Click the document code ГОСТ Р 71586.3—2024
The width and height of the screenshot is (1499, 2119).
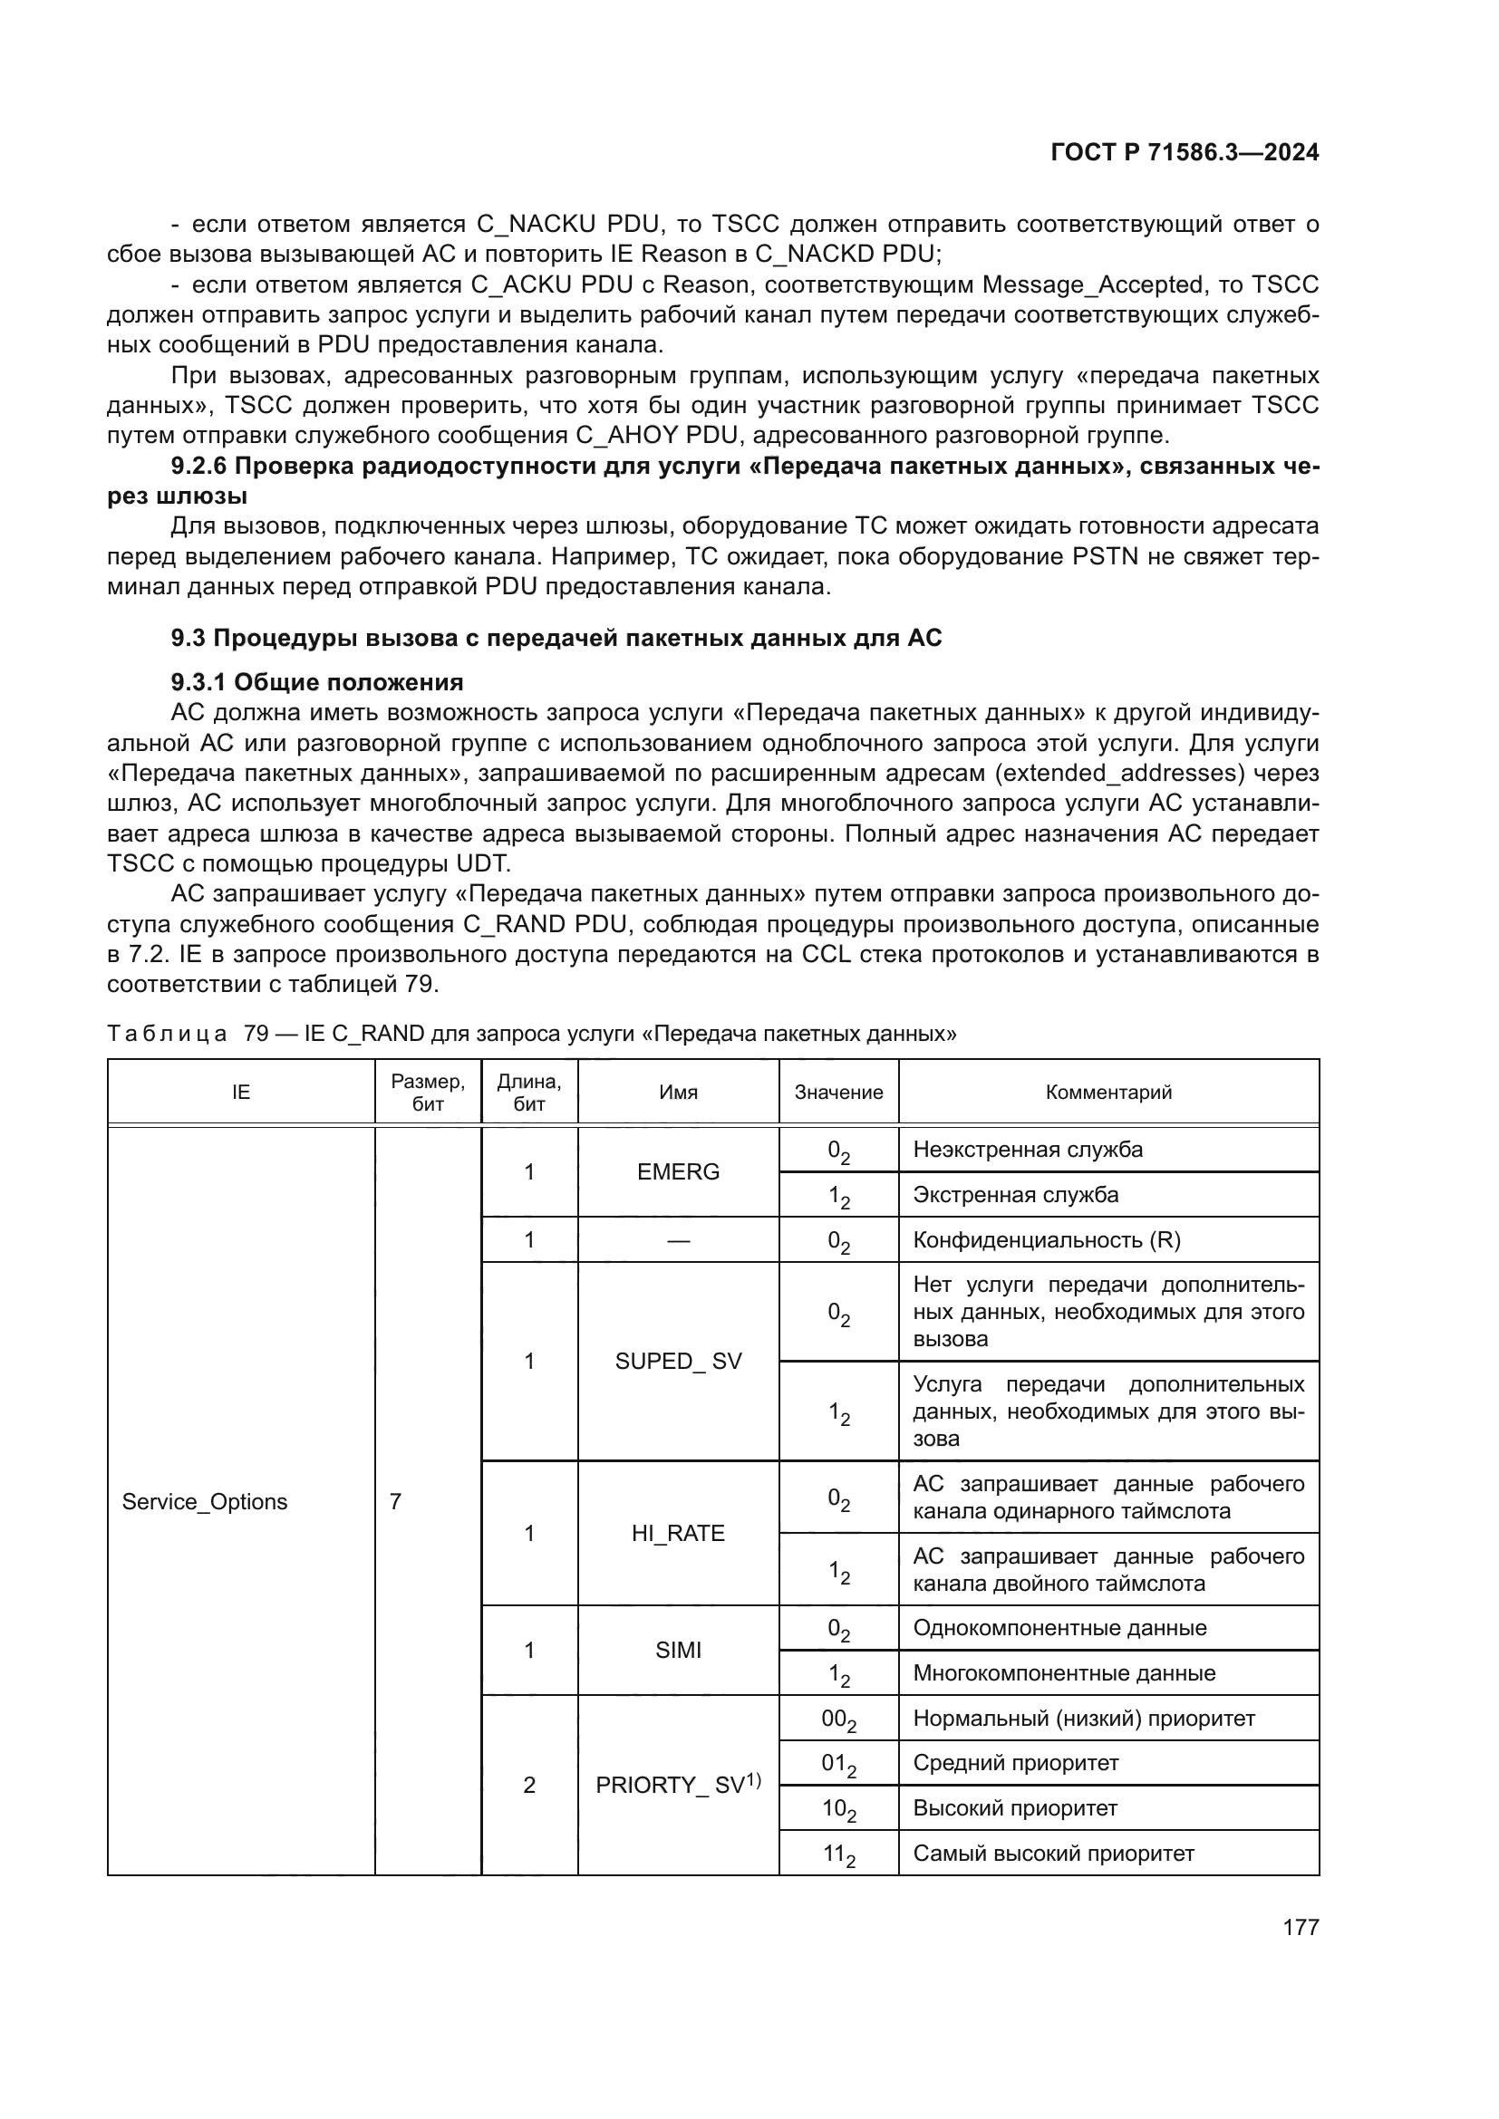click(x=1185, y=152)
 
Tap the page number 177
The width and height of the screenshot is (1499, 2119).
click(x=1301, y=1927)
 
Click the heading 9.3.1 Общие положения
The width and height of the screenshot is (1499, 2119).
click(x=316, y=682)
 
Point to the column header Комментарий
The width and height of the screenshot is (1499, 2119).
click(x=1107, y=1092)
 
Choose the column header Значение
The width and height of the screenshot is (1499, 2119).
click(x=838, y=1092)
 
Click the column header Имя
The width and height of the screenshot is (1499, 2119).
click(x=678, y=1092)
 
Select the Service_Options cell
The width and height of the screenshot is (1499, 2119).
click(x=205, y=1501)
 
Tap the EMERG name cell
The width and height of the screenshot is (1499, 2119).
click(x=678, y=1171)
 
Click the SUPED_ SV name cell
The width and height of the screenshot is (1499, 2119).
click(x=678, y=1362)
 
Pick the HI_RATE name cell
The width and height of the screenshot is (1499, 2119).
click(x=678, y=1533)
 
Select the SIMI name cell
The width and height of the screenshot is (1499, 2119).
click(x=678, y=1650)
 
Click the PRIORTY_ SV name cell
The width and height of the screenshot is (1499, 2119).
click(x=678, y=1785)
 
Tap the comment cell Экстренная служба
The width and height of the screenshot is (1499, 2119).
click(x=1015, y=1194)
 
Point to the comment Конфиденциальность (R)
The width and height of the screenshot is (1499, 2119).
click(x=1046, y=1239)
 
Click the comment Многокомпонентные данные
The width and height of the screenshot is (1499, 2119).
click(x=1063, y=1673)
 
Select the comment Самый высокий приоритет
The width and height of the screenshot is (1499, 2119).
click(x=1053, y=1854)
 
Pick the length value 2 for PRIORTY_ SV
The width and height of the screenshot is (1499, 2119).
click(x=529, y=1785)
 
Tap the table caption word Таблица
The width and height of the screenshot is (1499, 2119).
click(x=166, y=1033)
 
